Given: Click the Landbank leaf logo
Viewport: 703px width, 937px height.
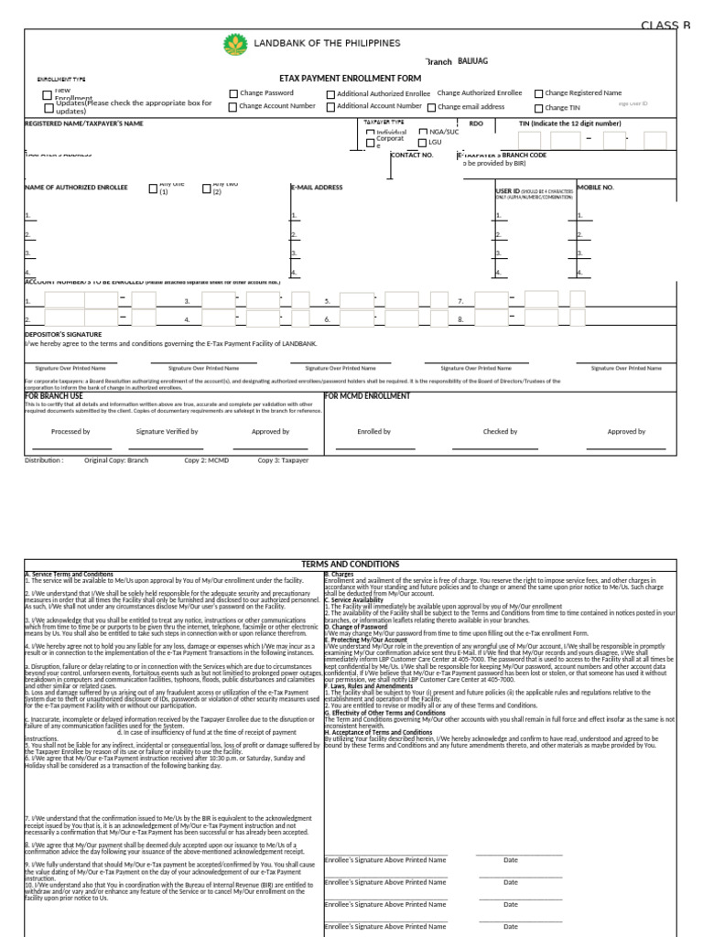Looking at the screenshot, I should click(x=234, y=45).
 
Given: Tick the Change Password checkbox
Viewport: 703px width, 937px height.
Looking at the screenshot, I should click(x=233, y=93).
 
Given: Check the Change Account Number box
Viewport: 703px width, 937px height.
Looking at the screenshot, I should click(x=233, y=107).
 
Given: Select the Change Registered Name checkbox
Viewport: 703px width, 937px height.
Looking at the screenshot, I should click(x=538, y=93).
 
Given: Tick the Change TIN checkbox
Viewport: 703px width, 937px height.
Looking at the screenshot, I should click(x=538, y=107).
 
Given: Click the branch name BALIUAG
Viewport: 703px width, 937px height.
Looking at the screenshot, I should click(x=473, y=60).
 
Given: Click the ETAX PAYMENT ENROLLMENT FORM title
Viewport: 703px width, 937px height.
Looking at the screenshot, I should click(x=350, y=80).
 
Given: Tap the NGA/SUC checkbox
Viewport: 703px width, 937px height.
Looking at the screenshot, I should click(x=422, y=132).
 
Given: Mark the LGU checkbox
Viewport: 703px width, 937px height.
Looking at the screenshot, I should click(x=422, y=143).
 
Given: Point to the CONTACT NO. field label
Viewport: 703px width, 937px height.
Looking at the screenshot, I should click(x=411, y=156).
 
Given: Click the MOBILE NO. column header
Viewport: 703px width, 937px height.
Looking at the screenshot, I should click(x=595, y=187).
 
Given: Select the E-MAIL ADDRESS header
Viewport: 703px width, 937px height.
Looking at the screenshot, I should click(x=317, y=187).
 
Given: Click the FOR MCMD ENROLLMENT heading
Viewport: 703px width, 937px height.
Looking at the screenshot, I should click(x=368, y=396).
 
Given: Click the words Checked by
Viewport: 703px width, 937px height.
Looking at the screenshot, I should click(x=500, y=431).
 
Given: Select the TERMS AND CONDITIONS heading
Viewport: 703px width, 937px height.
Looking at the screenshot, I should click(x=351, y=565).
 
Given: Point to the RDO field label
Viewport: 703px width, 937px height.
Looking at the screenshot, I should click(x=476, y=123).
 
